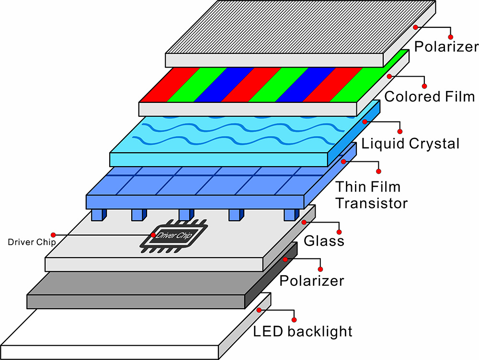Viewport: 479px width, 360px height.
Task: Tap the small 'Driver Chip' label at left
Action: [32, 242]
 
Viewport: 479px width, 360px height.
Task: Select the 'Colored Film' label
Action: [429, 96]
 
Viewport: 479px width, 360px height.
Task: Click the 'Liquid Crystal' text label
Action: [411, 143]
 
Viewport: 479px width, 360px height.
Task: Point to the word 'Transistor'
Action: [371, 202]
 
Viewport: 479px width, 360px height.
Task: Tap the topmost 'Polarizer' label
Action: [446, 46]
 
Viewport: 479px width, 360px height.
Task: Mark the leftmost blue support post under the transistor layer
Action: [97, 214]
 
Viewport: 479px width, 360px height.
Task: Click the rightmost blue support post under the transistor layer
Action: [291, 214]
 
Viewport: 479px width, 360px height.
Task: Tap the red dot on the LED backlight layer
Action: [259, 310]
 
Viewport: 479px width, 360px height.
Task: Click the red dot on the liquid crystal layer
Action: [365, 122]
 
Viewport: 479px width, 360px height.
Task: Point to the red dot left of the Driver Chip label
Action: [53, 235]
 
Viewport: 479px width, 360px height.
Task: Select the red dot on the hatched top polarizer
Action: [417, 27]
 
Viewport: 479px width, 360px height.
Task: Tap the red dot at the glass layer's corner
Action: [303, 222]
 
